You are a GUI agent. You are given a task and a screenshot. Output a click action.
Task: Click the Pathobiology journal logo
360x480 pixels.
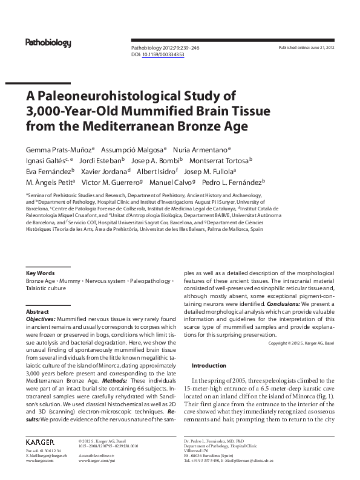[48, 43]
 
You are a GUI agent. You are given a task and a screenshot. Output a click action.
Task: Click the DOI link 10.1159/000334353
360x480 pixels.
[163, 54]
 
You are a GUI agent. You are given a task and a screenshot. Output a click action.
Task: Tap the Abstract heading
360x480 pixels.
[38, 311]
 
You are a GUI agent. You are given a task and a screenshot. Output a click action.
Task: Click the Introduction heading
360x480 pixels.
[209, 366]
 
